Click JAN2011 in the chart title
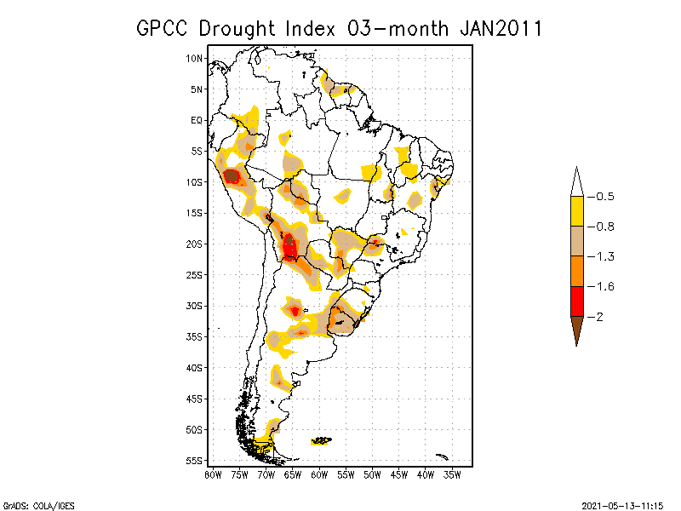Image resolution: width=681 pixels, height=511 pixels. (501, 28)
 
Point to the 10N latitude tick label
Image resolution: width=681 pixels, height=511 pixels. (195, 58)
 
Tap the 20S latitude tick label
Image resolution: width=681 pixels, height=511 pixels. (195, 244)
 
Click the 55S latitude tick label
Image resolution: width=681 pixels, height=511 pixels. (195, 461)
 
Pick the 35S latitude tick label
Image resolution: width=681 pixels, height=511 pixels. (195, 336)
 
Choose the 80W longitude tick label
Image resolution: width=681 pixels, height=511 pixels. (213, 474)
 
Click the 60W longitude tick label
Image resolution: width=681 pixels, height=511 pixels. (319, 474)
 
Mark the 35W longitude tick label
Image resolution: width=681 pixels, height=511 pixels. (452, 474)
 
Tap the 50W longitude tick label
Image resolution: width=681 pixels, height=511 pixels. (372, 474)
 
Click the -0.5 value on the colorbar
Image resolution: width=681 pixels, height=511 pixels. (604, 197)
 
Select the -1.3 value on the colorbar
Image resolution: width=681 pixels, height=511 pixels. (604, 256)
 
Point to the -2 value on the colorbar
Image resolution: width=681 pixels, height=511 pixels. (599, 317)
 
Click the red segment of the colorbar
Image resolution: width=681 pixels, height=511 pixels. (577, 301)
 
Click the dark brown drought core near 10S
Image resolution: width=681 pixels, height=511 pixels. (231, 176)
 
